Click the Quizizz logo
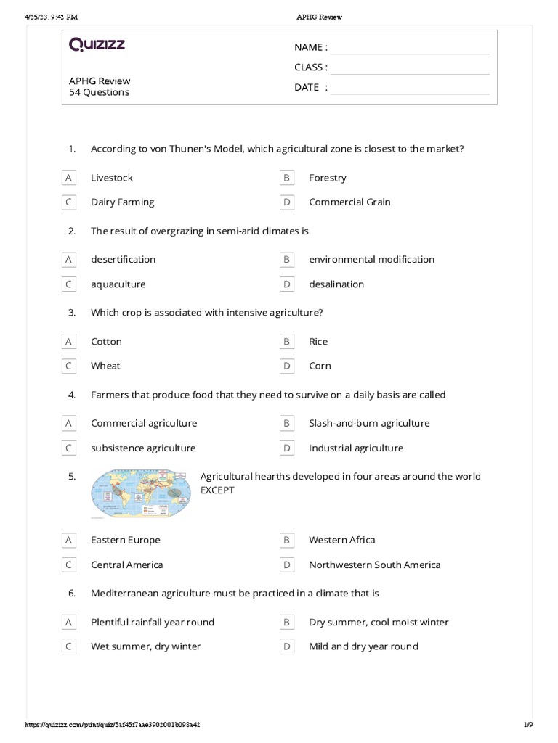97,45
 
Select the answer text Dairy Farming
122,202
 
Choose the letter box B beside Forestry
287,178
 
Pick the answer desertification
123,260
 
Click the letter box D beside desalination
287,284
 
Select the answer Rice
318,342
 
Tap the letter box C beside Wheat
69,366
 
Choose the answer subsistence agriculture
143,448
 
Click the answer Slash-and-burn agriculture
369,424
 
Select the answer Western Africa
342,541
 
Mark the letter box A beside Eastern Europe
69,541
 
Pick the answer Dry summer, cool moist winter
379,623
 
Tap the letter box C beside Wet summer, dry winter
69,647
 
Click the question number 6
72,594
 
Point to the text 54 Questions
99,93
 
